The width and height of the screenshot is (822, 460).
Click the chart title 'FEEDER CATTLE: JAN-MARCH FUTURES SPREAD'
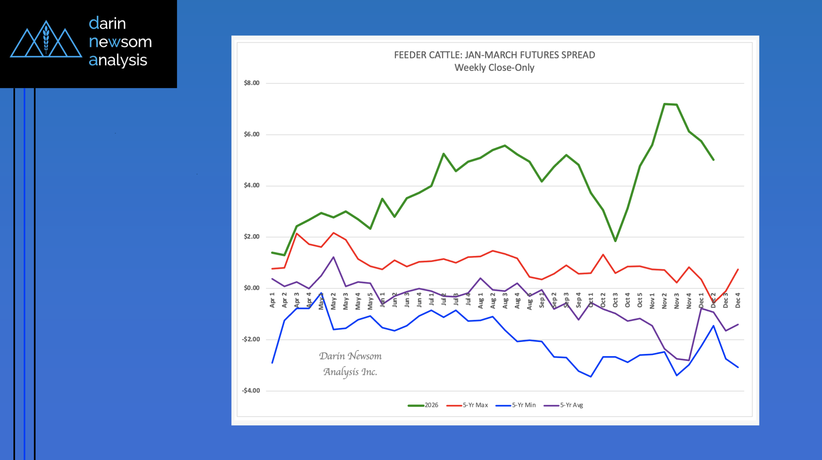(494, 55)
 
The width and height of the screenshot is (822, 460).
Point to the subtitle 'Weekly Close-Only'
(494, 68)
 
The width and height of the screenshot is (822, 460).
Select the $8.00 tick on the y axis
(251, 83)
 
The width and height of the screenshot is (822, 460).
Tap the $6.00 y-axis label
(251, 134)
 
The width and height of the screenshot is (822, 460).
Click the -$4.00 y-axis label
(251, 391)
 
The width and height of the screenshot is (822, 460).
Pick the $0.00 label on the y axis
(251, 288)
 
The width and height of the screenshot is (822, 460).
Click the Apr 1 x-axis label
(272, 300)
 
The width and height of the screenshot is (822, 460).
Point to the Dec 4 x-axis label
(738, 300)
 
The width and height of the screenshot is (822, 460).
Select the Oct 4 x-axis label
(627, 300)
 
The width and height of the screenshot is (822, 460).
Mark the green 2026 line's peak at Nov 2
(664, 104)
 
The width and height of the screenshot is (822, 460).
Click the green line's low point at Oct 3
(615, 241)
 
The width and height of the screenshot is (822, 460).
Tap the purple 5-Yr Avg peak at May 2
(334, 257)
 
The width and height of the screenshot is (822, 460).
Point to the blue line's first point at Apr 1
(272, 363)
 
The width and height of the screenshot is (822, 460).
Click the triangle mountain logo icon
(46, 40)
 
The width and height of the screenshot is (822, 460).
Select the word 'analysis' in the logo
(118, 60)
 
